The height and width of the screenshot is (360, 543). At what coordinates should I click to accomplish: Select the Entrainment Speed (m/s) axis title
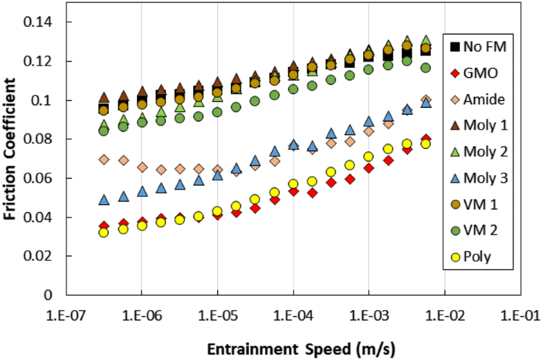pyautogui.click(x=293, y=345)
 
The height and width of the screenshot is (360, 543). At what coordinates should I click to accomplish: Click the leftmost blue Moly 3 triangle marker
pyautogui.click(x=104, y=199)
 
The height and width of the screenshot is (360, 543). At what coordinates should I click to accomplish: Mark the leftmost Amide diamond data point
pyautogui.click(x=104, y=159)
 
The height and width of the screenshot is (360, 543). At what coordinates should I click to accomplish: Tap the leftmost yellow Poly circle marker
pyautogui.click(x=104, y=233)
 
